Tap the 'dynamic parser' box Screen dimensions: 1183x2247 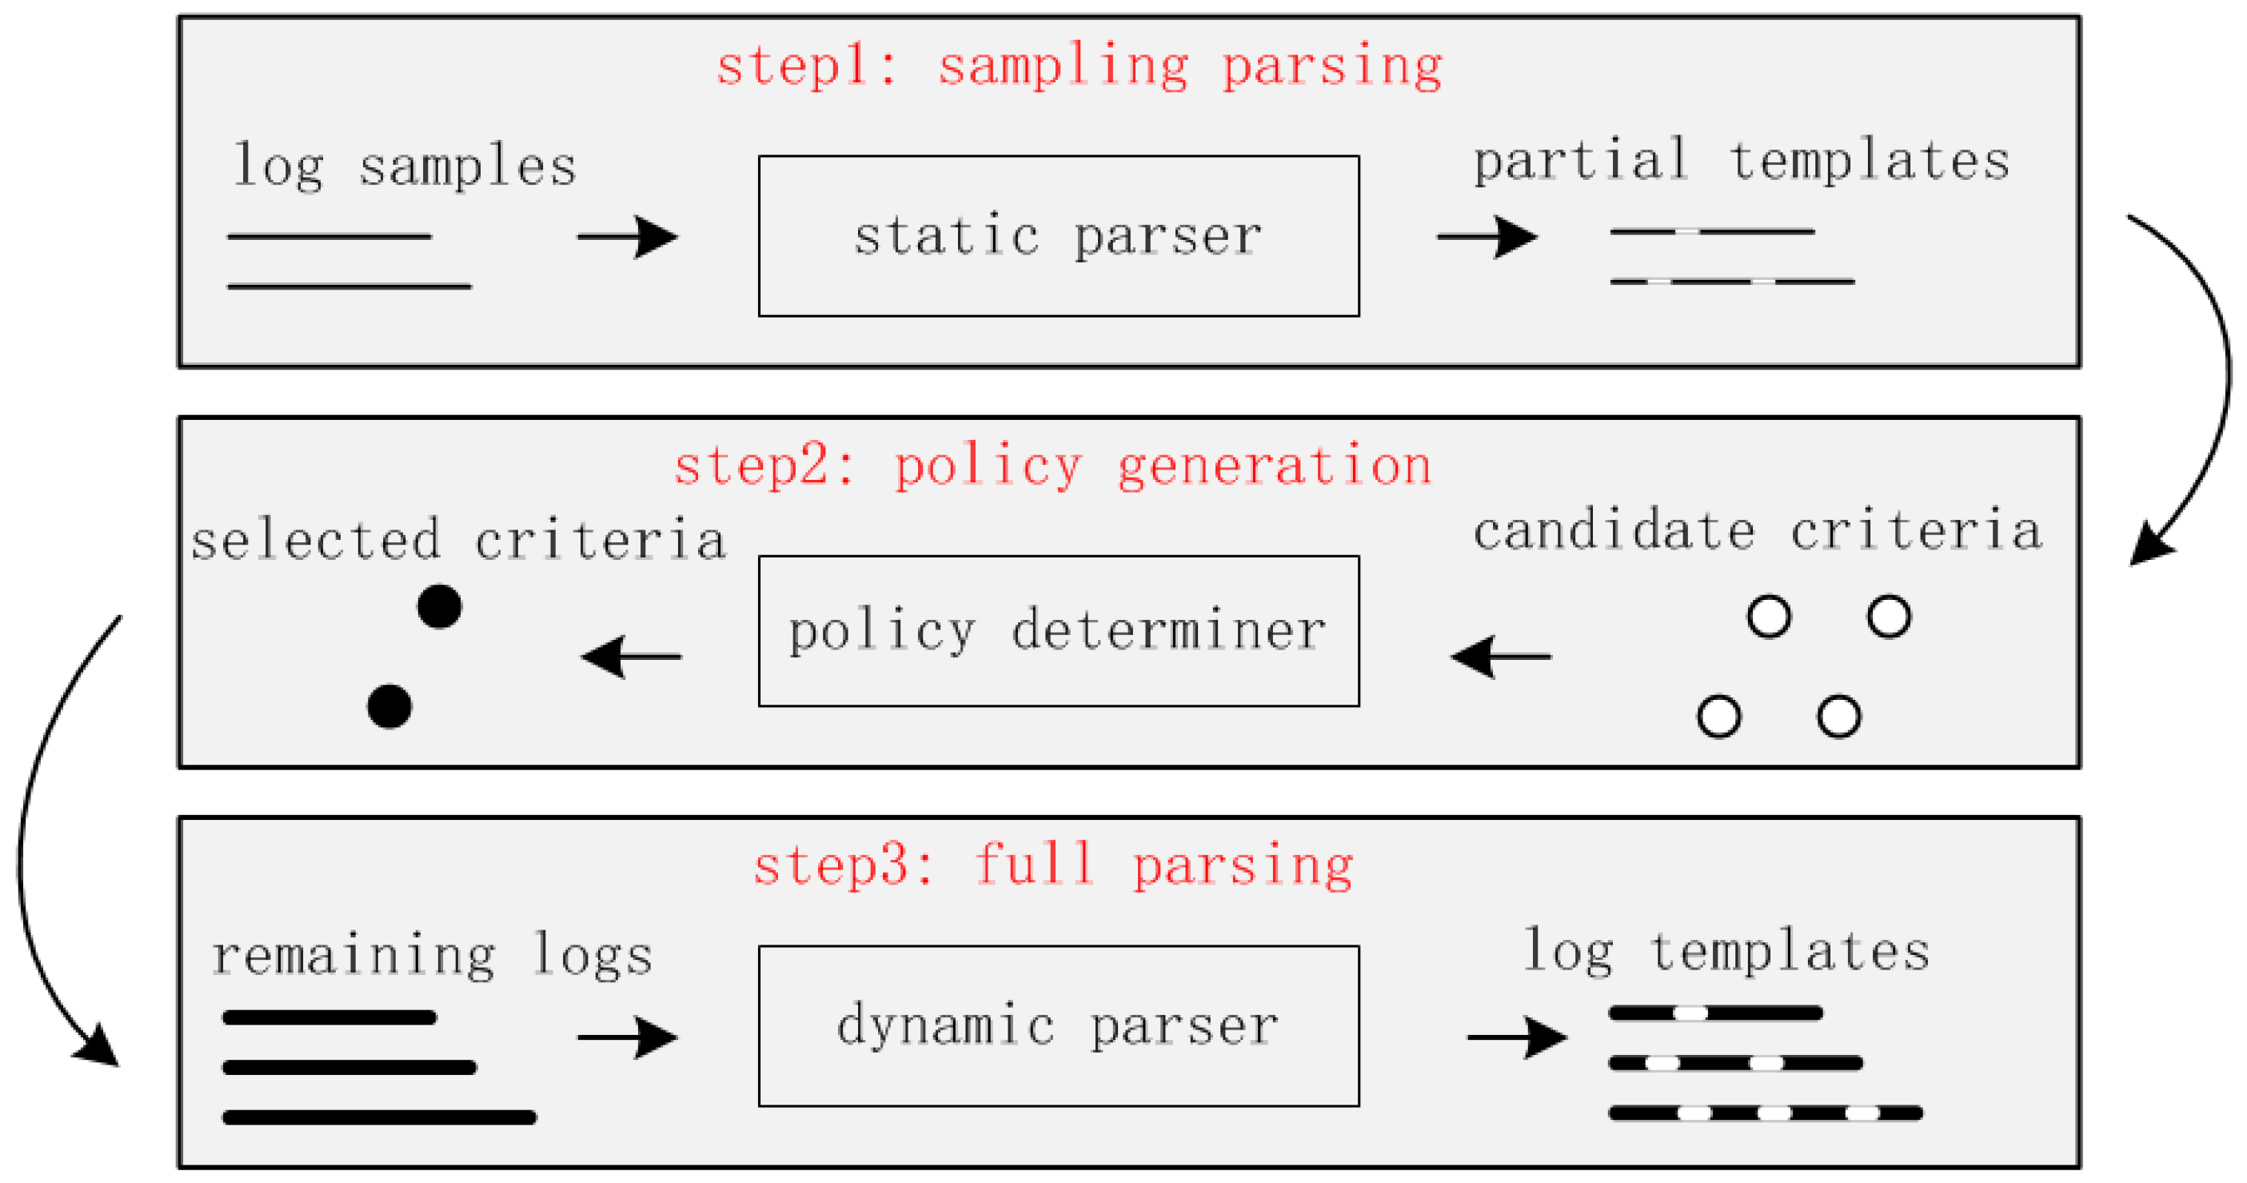pyautogui.click(x=1058, y=1025)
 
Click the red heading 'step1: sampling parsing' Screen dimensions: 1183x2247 pyautogui.click(x=1079, y=66)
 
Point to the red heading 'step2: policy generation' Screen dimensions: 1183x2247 pyautogui.click(x=1053, y=466)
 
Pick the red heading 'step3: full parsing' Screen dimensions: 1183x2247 pyautogui.click(x=1053, y=865)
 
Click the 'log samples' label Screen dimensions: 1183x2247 pyautogui.click(x=405, y=166)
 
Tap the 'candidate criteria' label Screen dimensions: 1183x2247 pyautogui.click(x=1757, y=530)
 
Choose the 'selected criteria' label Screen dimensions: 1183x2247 pyautogui.click(x=458, y=539)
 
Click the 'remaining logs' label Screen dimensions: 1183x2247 pyautogui.click(x=432, y=954)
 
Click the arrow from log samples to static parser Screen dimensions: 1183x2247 pyautogui.click(x=627, y=237)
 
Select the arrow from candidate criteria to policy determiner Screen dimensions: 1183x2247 pyautogui.click(x=1500, y=656)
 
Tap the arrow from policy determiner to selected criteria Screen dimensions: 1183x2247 pyautogui.click(x=631, y=656)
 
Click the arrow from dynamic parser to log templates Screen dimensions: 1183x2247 pyautogui.click(x=1517, y=1037)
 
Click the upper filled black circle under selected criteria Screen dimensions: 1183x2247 pyautogui.click(x=439, y=606)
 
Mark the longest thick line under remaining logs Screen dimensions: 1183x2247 pyautogui.click(x=380, y=1117)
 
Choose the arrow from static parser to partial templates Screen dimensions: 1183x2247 pyautogui.click(x=1487, y=237)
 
